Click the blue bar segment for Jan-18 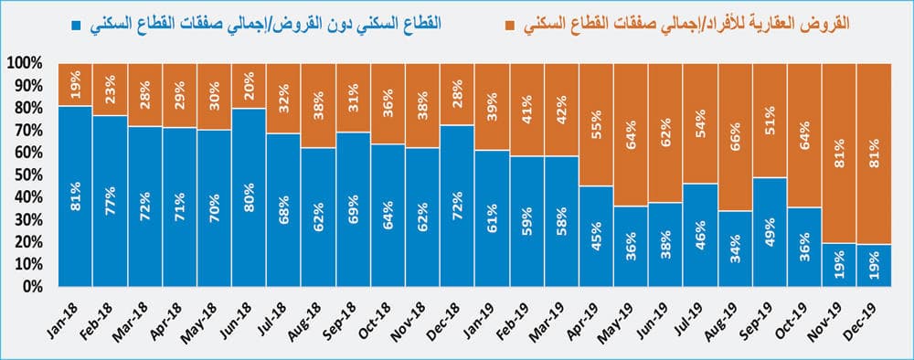(75, 196)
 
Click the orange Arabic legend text (693, 25)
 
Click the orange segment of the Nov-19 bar (839, 153)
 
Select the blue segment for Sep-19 (770, 231)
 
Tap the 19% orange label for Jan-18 (75, 85)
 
